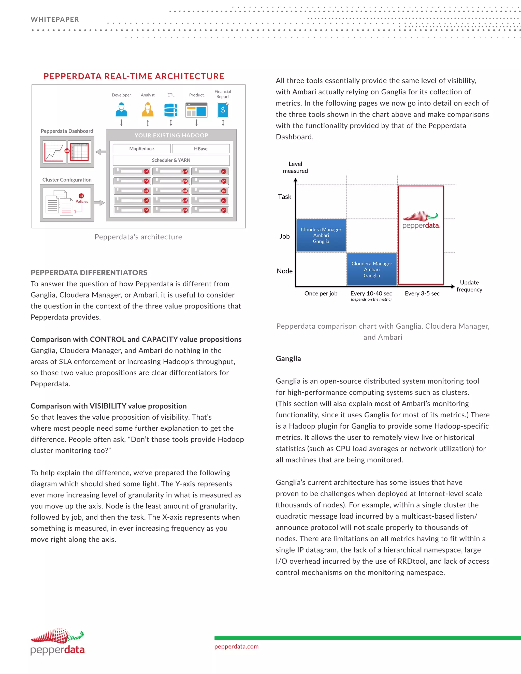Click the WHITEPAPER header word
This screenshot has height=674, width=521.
55,19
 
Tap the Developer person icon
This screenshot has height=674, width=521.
121,110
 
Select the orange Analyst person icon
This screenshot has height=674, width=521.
148,110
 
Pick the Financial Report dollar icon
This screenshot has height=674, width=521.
223,110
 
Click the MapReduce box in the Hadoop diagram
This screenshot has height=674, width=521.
141,149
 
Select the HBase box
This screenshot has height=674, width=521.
201,149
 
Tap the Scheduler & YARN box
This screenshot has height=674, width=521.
171,160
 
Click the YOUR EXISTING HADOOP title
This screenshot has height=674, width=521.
171,135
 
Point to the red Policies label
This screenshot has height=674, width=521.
82,201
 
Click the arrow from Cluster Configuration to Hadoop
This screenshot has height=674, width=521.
99,203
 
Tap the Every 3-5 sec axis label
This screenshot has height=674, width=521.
422,294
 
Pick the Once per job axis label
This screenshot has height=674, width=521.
321,294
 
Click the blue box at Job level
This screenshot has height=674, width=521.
321,235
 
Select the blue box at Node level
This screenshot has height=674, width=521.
372,269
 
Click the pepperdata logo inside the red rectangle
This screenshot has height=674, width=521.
421,220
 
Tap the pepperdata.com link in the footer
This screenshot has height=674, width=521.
236,646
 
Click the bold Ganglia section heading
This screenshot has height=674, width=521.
288,359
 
